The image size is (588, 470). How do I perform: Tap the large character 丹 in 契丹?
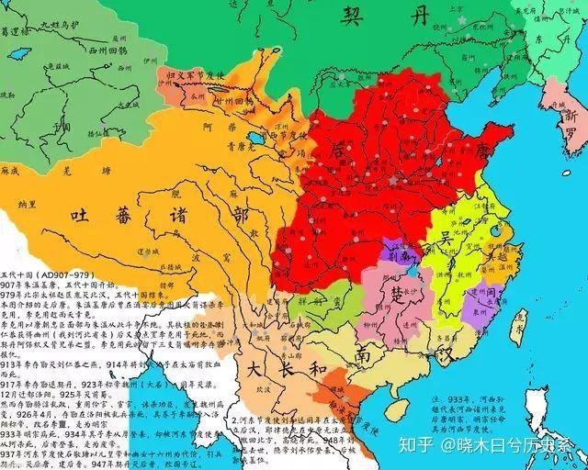coord(419,15)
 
